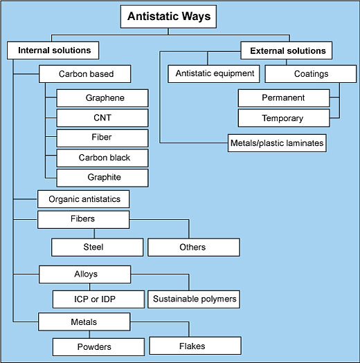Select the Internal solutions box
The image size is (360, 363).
[x=53, y=50]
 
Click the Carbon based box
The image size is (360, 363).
[x=86, y=74]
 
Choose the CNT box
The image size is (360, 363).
[x=102, y=118]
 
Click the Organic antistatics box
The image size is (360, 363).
[x=84, y=199]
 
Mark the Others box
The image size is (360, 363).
[x=193, y=247]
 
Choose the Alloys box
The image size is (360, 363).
[x=85, y=274]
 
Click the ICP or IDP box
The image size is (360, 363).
[x=98, y=299]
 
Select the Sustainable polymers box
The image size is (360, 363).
[x=193, y=299]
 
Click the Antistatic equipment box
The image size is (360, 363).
[x=215, y=73]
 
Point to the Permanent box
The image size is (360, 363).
[x=282, y=98]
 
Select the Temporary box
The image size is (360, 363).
[x=282, y=118]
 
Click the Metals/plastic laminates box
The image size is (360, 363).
[x=277, y=144]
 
